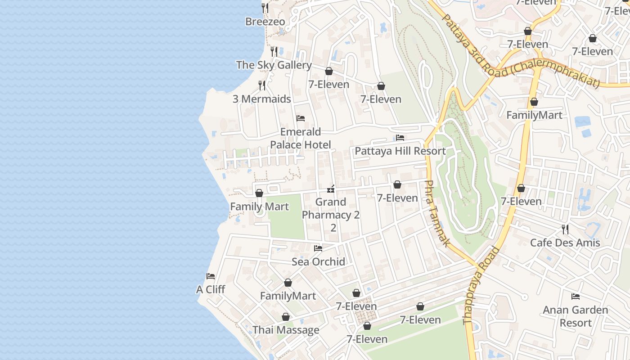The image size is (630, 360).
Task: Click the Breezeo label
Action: pyautogui.click(x=265, y=22)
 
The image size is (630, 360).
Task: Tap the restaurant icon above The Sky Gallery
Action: pyautogui.click(x=274, y=52)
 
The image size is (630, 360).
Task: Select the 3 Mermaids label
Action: pyautogui.click(x=261, y=99)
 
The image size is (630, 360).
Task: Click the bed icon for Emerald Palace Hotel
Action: pyautogui.click(x=301, y=118)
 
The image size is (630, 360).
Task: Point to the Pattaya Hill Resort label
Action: pyautogui.click(x=400, y=151)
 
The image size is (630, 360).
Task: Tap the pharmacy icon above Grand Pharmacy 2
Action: pyautogui.click(x=331, y=189)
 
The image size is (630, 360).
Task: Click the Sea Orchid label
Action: pyautogui.click(x=318, y=261)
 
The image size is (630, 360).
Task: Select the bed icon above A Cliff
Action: pyautogui.click(x=211, y=276)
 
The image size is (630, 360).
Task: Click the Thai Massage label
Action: pyautogui.click(x=286, y=330)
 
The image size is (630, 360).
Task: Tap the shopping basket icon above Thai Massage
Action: pyautogui.click(x=285, y=317)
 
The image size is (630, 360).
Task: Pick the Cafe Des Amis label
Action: pyautogui.click(x=565, y=243)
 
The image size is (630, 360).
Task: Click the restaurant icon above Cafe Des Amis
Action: pyautogui.click(x=565, y=229)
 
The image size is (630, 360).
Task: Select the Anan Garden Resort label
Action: pyautogui.click(x=575, y=316)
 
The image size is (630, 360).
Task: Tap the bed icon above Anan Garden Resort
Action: pyautogui.click(x=575, y=296)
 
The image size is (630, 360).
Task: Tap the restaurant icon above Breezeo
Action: pyautogui.click(x=265, y=8)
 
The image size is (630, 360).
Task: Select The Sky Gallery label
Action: pyautogui.click(x=274, y=65)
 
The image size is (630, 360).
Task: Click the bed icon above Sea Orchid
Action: pyautogui.click(x=318, y=248)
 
